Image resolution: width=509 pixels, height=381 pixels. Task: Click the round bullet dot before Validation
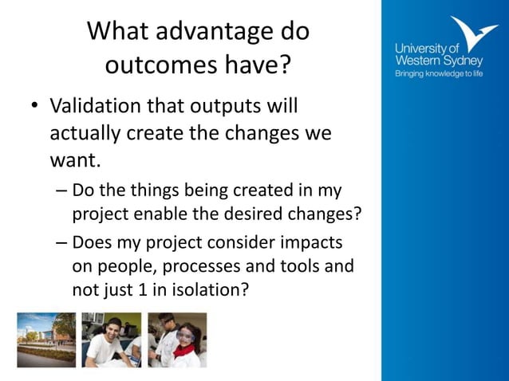(x=34, y=107)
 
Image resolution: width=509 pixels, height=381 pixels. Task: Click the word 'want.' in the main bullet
(x=74, y=161)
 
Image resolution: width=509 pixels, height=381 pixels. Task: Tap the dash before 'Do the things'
(x=62, y=191)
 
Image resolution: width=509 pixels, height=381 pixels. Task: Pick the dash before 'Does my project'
(x=62, y=243)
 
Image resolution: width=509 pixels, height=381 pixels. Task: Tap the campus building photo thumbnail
(x=46, y=340)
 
